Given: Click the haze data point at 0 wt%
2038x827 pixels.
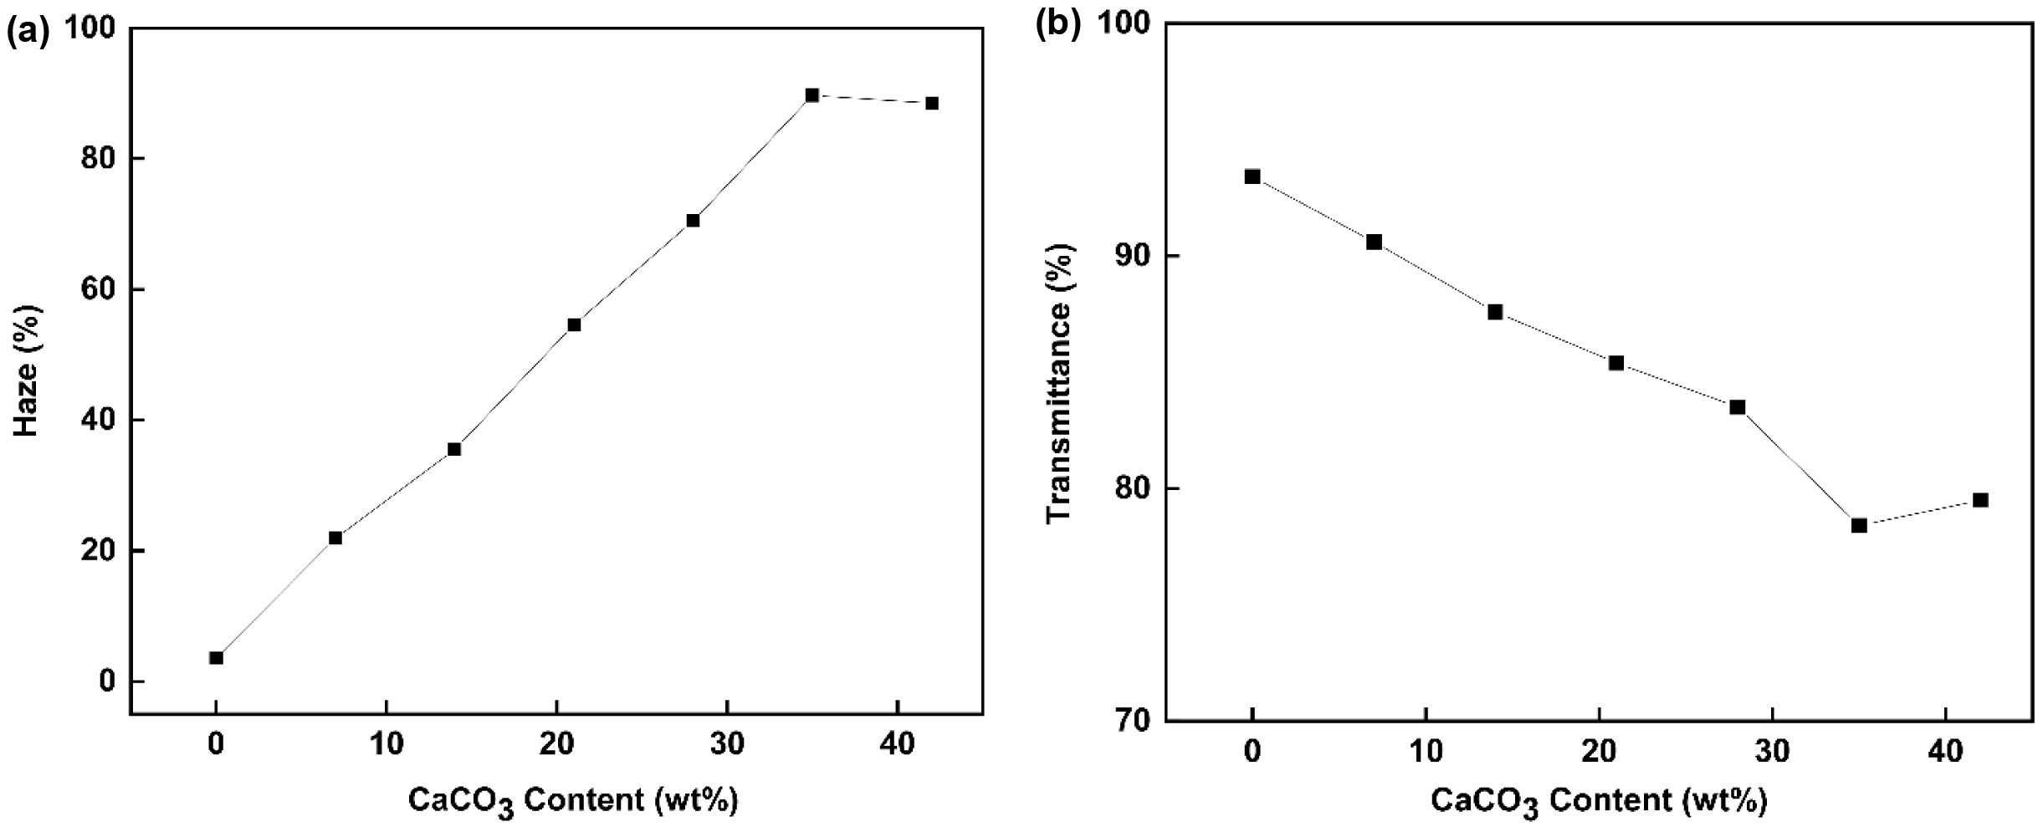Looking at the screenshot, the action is pos(216,658).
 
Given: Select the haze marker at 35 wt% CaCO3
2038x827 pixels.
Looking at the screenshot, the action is pos(812,95).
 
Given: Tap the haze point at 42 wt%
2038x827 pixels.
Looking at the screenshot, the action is pos(931,104).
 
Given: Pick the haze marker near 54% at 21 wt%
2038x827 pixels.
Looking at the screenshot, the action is pos(574,325).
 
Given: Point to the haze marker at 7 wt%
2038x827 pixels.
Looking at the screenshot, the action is pos(335,538).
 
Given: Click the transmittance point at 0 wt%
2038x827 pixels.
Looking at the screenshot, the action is pos(1252,176).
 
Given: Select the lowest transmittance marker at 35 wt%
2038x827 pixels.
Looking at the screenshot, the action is pos(1859,525).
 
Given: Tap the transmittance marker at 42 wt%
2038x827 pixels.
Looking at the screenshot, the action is pos(1980,500).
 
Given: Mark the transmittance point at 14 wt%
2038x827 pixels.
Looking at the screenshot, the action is pos(1495,312).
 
